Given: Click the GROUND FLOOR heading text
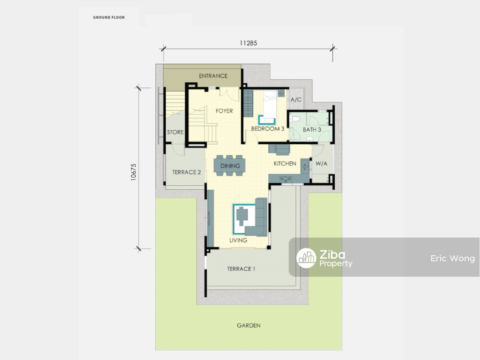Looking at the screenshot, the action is pos(109,17).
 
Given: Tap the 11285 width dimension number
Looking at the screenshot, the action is pos(248,43).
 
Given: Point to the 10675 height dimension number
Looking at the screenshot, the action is pos(133,172).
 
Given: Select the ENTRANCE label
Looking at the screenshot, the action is pos(213,76).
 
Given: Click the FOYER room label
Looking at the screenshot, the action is pos(224,111).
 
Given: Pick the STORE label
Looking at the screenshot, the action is pos(175,132).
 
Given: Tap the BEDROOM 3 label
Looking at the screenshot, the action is pos(267,129).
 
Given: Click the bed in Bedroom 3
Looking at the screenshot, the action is pos(270,105).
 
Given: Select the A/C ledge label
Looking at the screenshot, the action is pos(296,100).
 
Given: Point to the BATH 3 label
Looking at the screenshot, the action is pos(312,130).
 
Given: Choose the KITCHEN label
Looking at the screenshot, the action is pos(285,164).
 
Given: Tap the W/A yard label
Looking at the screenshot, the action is pos(322,164).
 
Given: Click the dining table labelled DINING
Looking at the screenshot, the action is pos(230,166).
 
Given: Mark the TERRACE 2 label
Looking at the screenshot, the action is pos(186,172).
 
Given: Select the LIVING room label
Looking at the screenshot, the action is pos(238,240).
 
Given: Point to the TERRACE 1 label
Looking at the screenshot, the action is pos(241,269).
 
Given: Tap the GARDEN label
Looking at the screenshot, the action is pos(249,325).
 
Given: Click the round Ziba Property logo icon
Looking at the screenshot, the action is pos(306,258).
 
